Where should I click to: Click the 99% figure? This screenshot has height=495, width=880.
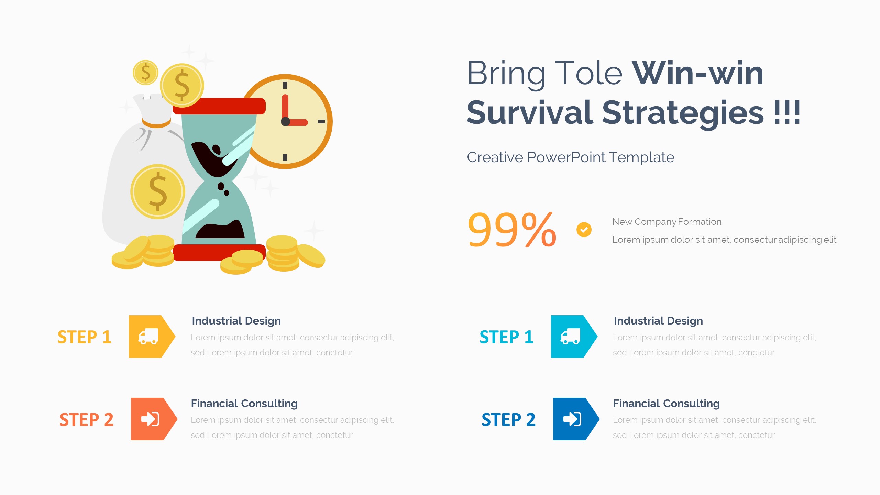tap(511, 230)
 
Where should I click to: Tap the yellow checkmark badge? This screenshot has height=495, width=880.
tap(584, 230)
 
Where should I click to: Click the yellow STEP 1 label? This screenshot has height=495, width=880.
tap(84, 337)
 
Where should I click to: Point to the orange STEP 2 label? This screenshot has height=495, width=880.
tap(86, 420)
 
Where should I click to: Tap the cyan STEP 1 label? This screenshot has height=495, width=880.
tap(506, 337)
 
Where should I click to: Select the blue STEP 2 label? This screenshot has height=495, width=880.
tap(508, 420)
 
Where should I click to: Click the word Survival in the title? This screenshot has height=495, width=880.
tap(529, 113)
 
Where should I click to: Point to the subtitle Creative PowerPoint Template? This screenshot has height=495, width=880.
tap(570, 157)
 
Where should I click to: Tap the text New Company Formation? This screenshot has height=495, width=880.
tap(667, 222)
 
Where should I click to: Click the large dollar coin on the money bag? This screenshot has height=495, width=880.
tap(158, 191)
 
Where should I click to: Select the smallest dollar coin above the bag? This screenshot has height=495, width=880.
tap(145, 73)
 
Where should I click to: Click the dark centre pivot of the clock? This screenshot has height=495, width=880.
tap(285, 121)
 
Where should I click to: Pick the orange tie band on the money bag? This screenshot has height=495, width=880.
tap(156, 123)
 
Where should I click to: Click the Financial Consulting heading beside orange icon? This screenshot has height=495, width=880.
tap(244, 403)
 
